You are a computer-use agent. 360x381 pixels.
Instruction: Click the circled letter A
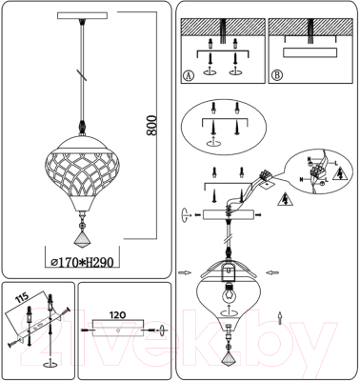(x=188, y=75)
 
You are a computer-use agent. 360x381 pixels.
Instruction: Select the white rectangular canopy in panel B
(x=312, y=53)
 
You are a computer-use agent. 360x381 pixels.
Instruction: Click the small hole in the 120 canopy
(x=115, y=331)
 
